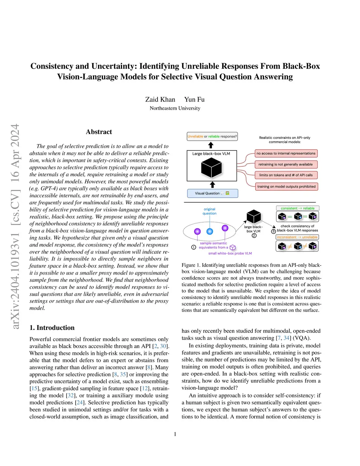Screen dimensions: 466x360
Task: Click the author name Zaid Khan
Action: click(x=160, y=100)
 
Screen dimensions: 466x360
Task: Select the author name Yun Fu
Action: click(x=194, y=100)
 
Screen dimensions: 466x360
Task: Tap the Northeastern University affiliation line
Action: click(x=175, y=108)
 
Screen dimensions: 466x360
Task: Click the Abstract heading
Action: click(x=99, y=132)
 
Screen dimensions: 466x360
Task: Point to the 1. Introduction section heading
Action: click(x=52, y=328)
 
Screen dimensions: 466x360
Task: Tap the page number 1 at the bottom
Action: click(x=175, y=434)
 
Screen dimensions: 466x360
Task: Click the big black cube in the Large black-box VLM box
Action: click(x=211, y=168)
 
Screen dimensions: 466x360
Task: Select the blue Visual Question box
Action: click(x=212, y=193)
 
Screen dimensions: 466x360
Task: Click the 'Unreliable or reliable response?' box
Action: click(x=212, y=136)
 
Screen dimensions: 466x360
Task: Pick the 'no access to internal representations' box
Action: click(x=286, y=153)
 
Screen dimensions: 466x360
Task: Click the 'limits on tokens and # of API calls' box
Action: click(x=286, y=175)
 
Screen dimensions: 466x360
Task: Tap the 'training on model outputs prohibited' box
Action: click(x=286, y=187)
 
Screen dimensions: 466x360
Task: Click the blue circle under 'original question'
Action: click(x=210, y=231)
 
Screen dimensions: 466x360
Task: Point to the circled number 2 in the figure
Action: click(x=254, y=236)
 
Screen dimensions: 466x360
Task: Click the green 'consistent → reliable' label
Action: click(x=297, y=208)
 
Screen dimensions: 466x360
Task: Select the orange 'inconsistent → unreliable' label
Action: click(x=297, y=237)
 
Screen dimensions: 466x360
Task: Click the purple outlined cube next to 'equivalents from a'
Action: click(x=232, y=248)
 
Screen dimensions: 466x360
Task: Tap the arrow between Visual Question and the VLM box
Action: click(x=212, y=185)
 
